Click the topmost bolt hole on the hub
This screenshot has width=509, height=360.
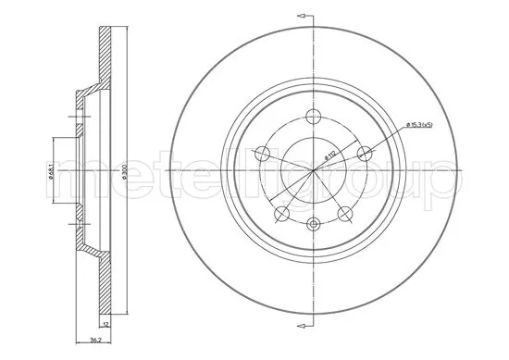coord(313,117)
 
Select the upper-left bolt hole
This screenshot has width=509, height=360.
coord(262,154)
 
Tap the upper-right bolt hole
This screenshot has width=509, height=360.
coord(364,154)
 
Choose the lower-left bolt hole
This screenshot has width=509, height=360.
coord(281,214)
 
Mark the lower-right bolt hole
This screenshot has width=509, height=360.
coord(344,214)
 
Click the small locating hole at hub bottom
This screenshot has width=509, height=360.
coord(313,223)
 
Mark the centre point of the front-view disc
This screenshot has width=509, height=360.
coord(313,170)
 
